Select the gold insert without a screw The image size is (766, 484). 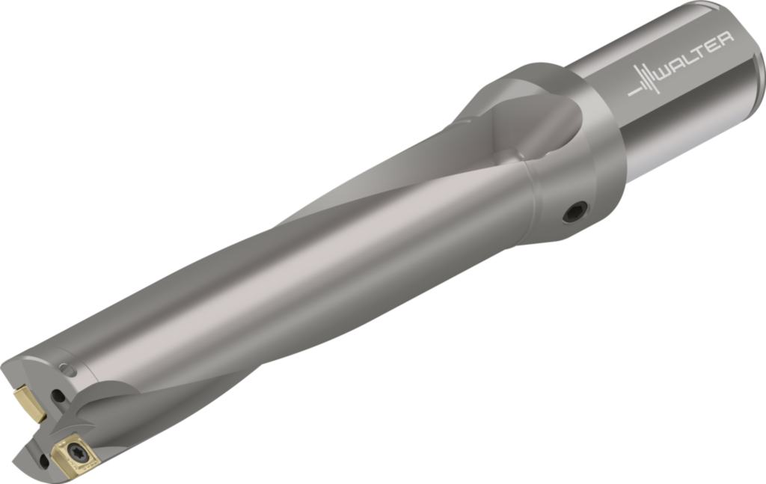30,403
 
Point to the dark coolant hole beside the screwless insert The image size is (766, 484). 59,395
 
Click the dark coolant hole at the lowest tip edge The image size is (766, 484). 43,461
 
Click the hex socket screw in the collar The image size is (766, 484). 575,212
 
